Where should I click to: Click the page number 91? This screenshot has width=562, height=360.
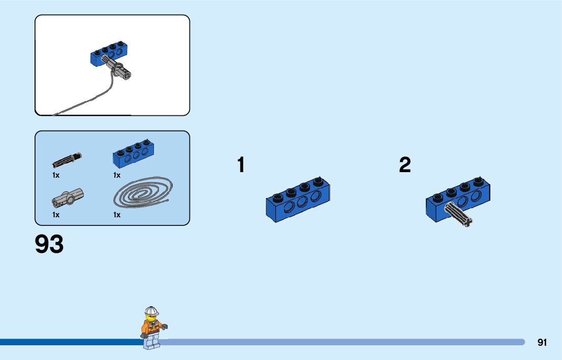(542, 343)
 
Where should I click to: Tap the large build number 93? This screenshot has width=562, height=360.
(49, 245)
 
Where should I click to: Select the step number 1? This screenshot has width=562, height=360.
(241, 165)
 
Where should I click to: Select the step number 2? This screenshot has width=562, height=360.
(405, 165)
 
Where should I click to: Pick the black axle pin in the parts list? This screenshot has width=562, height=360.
(67, 159)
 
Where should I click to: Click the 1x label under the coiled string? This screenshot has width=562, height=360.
(117, 215)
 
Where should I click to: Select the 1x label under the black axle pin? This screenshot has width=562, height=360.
(56, 175)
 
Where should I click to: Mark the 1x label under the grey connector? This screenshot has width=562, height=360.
(56, 215)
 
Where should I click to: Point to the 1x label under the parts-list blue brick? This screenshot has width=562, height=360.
(117, 175)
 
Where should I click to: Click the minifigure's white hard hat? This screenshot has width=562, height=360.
(151, 311)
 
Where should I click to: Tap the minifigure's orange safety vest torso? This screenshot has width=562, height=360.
(152, 328)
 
